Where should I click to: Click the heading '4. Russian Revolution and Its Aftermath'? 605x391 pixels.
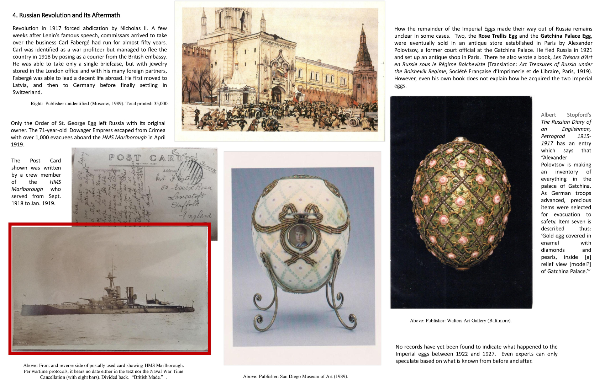(x=66, y=15)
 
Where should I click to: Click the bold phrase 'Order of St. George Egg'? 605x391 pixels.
(x=65, y=123)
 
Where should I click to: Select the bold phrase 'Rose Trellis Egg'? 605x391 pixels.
(x=497, y=36)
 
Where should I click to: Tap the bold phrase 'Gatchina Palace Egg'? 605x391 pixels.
(x=565, y=36)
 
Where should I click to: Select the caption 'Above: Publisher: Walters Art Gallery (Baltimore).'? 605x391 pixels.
(x=461, y=321)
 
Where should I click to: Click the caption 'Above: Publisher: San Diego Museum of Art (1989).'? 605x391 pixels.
(x=295, y=376)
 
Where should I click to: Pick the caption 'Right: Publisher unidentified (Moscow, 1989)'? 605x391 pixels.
(x=100, y=104)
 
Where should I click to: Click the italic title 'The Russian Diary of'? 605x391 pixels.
(x=566, y=122)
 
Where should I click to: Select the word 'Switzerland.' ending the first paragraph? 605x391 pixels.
(x=27, y=92)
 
